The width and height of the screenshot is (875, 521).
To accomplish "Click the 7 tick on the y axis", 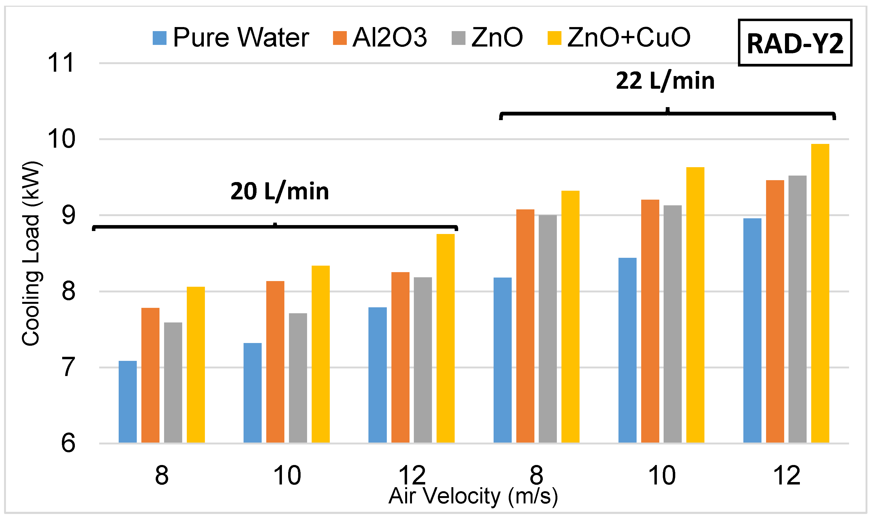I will coord(68,367).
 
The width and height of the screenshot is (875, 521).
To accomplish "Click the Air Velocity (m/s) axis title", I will coord(473,496).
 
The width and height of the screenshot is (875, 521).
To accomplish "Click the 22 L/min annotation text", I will coord(665,81).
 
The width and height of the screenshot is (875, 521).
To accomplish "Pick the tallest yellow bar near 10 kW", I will coord(820,293).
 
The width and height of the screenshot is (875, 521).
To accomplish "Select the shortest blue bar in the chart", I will coord(128,402).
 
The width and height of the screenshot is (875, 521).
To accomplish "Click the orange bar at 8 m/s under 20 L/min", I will coord(150,375).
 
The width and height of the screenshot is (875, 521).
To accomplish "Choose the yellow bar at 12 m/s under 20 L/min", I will coord(445,338).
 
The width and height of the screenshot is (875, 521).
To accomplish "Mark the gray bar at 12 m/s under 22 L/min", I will coord(797,309).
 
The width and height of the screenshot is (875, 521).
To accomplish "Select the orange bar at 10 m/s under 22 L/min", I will coord(650,321).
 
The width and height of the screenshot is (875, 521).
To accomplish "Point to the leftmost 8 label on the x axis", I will coord(162,476).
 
